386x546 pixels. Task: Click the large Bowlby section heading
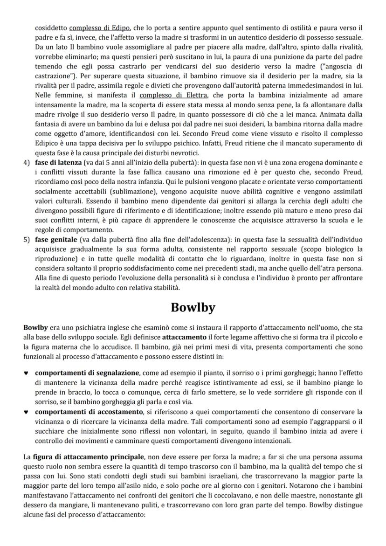(x=193, y=308)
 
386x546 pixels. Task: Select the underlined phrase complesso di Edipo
(x=100, y=28)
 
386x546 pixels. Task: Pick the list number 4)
(x=27, y=163)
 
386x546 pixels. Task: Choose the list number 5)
(x=27, y=240)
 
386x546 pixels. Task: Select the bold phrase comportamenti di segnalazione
(x=87, y=373)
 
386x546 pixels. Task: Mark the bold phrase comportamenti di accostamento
(x=89, y=412)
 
